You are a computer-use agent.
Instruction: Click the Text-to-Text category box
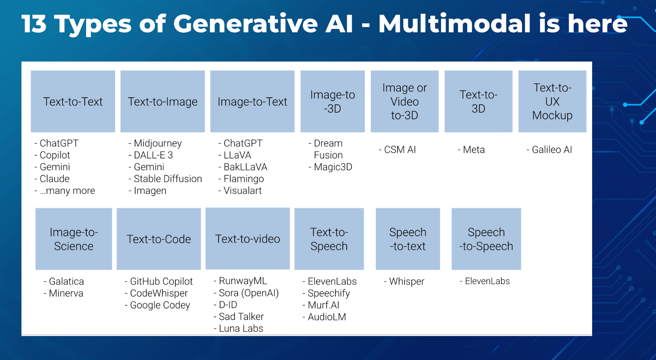[73, 102]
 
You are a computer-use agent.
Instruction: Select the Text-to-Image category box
[163, 102]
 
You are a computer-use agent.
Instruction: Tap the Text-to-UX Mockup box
[552, 102]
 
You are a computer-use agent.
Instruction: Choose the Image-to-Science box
[74, 239]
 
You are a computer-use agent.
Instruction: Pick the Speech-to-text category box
[408, 239]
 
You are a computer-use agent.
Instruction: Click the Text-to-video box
[248, 238]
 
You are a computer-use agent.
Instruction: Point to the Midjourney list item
[157, 143]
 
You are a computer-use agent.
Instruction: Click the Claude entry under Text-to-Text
[54, 179]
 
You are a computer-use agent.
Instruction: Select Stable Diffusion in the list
[167, 179]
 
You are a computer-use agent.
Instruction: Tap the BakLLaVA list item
[245, 167]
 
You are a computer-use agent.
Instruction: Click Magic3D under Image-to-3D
[333, 167]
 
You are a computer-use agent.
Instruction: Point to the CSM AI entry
[400, 150]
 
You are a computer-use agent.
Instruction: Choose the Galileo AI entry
[551, 150]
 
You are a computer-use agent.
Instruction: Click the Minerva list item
[66, 293]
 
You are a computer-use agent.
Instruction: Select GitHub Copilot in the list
[161, 281]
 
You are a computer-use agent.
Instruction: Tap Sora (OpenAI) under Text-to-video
[248, 293]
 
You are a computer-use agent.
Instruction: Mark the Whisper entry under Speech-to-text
[406, 281]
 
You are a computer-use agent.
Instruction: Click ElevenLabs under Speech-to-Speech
[487, 281]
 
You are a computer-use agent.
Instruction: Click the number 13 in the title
[34, 24]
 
